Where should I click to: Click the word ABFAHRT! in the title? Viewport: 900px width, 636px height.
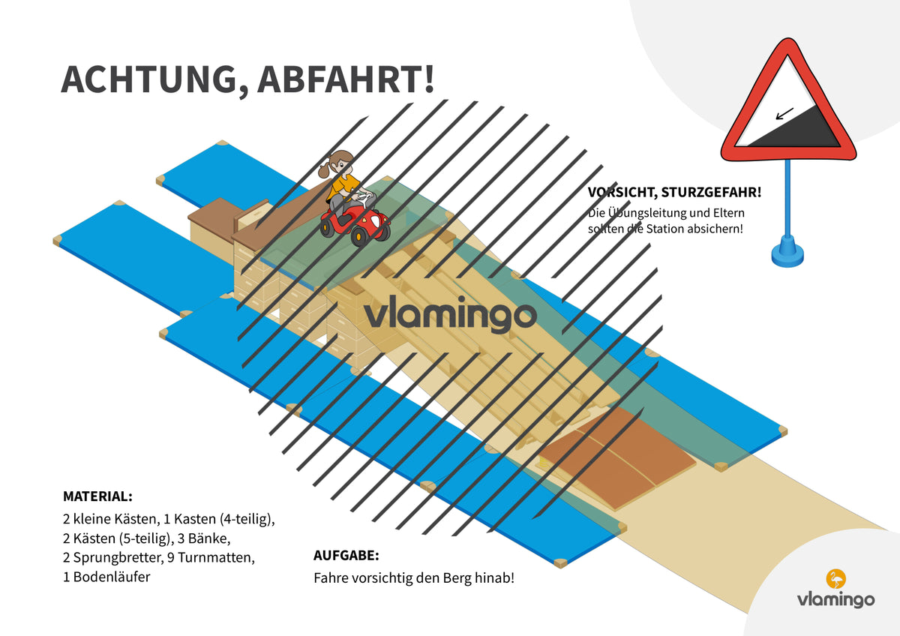pyautogui.click(x=346, y=79)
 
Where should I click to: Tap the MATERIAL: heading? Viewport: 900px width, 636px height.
pyautogui.click(x=97, y=496)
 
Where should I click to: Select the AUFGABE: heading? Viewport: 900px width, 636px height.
pyautogui.click(x=346, y=556)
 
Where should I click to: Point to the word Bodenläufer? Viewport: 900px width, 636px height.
pyautogui.click(x=112, y=577)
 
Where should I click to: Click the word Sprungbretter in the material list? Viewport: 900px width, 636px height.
pyautogui.click(x=118, y=558)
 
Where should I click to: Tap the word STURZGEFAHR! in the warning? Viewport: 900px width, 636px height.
pyautogui.click(x=711, y=193)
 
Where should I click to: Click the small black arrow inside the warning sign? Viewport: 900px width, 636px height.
pyautogui.click(x=784, y=114)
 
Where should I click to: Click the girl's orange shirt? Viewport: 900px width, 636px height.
pyautogui.click(x=343, y=186)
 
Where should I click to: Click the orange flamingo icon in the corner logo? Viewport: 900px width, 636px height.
pyautogui.click(x=835, y=579)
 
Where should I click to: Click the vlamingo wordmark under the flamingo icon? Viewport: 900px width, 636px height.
pyautogui.click(x=835, y=600)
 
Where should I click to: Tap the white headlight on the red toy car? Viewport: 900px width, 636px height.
pyautogui.click(x=374, y=221)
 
